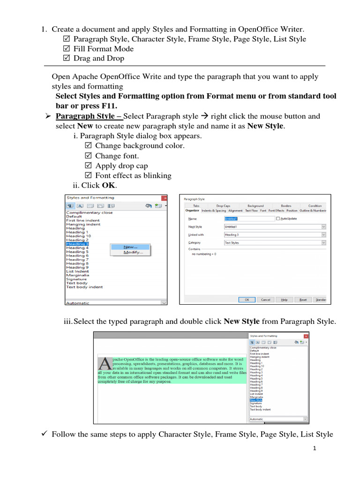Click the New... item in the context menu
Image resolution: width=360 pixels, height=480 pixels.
pos(130,247)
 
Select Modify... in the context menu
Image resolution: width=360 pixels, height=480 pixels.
pos(133,252)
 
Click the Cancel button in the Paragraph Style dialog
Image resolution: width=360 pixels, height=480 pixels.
pos(265,300)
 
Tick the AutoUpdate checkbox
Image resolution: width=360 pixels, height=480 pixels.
pos(278,218)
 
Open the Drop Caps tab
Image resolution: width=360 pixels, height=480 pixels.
pos(223,205)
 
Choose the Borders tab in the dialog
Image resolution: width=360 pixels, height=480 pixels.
pos(286,205)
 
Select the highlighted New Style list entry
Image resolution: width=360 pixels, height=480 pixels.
pos(256,399)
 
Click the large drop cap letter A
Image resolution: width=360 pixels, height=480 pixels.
pos(105,364)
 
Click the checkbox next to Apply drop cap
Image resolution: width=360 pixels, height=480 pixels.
pos(88,166)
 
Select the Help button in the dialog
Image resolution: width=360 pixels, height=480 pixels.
pos(284,300)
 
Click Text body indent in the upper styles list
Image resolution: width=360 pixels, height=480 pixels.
pos(84,287)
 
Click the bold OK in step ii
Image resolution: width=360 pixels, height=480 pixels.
pos(108,185)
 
